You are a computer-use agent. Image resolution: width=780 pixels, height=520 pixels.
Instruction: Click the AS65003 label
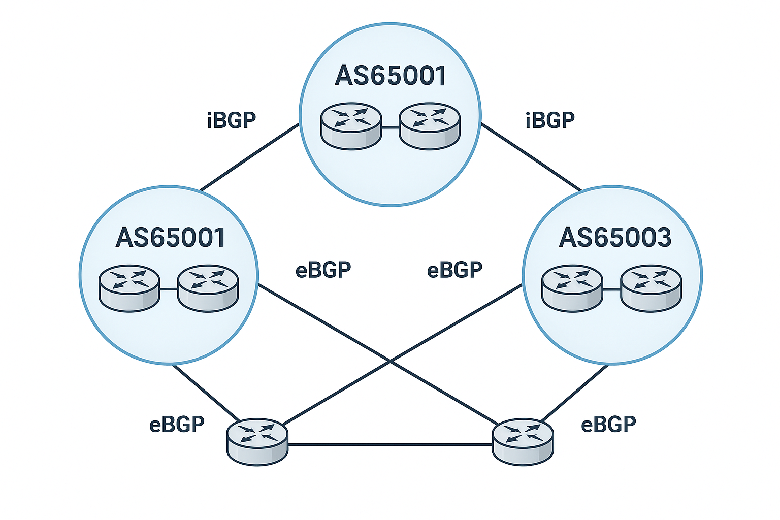coord(615,238)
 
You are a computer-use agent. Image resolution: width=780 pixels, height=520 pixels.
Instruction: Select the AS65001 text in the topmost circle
coord(391,76)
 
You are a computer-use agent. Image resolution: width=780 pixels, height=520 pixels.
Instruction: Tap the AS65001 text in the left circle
coord(170,238)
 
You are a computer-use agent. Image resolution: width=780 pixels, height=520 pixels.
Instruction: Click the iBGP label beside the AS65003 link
coord(550,120)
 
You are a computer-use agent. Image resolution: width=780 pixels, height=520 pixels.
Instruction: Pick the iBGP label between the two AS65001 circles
coord(232,120)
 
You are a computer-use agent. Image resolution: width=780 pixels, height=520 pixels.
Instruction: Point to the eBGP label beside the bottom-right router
coord(608,424)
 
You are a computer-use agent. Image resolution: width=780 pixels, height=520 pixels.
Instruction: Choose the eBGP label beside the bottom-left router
coord(177,424)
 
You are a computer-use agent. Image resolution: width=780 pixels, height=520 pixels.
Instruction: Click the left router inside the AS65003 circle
coord(572,288)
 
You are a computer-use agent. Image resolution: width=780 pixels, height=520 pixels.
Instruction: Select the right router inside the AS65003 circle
coord(652,288)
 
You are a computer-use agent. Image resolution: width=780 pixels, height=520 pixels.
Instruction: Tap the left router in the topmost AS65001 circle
coord(351,125)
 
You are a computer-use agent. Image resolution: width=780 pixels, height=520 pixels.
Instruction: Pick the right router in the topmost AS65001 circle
coord(430,125)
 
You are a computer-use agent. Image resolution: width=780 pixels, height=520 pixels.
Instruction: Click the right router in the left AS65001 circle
coord(208,288)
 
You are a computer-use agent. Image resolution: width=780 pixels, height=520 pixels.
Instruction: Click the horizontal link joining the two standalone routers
coord(390,445)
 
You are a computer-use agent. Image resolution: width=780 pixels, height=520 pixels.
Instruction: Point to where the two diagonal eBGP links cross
coord(390,361)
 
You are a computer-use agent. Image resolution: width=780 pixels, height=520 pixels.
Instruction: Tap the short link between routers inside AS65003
coord(612,289)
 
